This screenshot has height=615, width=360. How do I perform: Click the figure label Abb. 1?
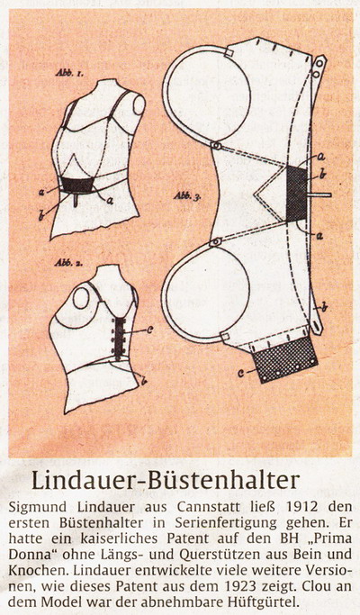(x=68, y=73)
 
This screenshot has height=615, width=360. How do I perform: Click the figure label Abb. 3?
(x=188, y=196)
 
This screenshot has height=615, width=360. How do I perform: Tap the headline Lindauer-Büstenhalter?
(x=165, y=481)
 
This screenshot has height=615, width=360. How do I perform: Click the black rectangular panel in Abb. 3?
(x=296, y=194)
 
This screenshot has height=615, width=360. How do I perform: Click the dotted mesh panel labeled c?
(x=284, y=359)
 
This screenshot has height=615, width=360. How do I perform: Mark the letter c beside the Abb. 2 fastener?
(x=149, y=330)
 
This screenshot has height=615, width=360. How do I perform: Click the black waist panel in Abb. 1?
(x=77, y=185)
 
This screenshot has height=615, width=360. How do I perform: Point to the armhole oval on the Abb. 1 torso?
(x=139, y=105)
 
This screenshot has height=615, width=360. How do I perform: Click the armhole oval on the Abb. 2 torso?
(x=82, y=298)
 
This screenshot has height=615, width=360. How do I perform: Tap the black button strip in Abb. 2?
(x=119, y=336)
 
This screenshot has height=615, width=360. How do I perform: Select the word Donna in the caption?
(x=26, y=554)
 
